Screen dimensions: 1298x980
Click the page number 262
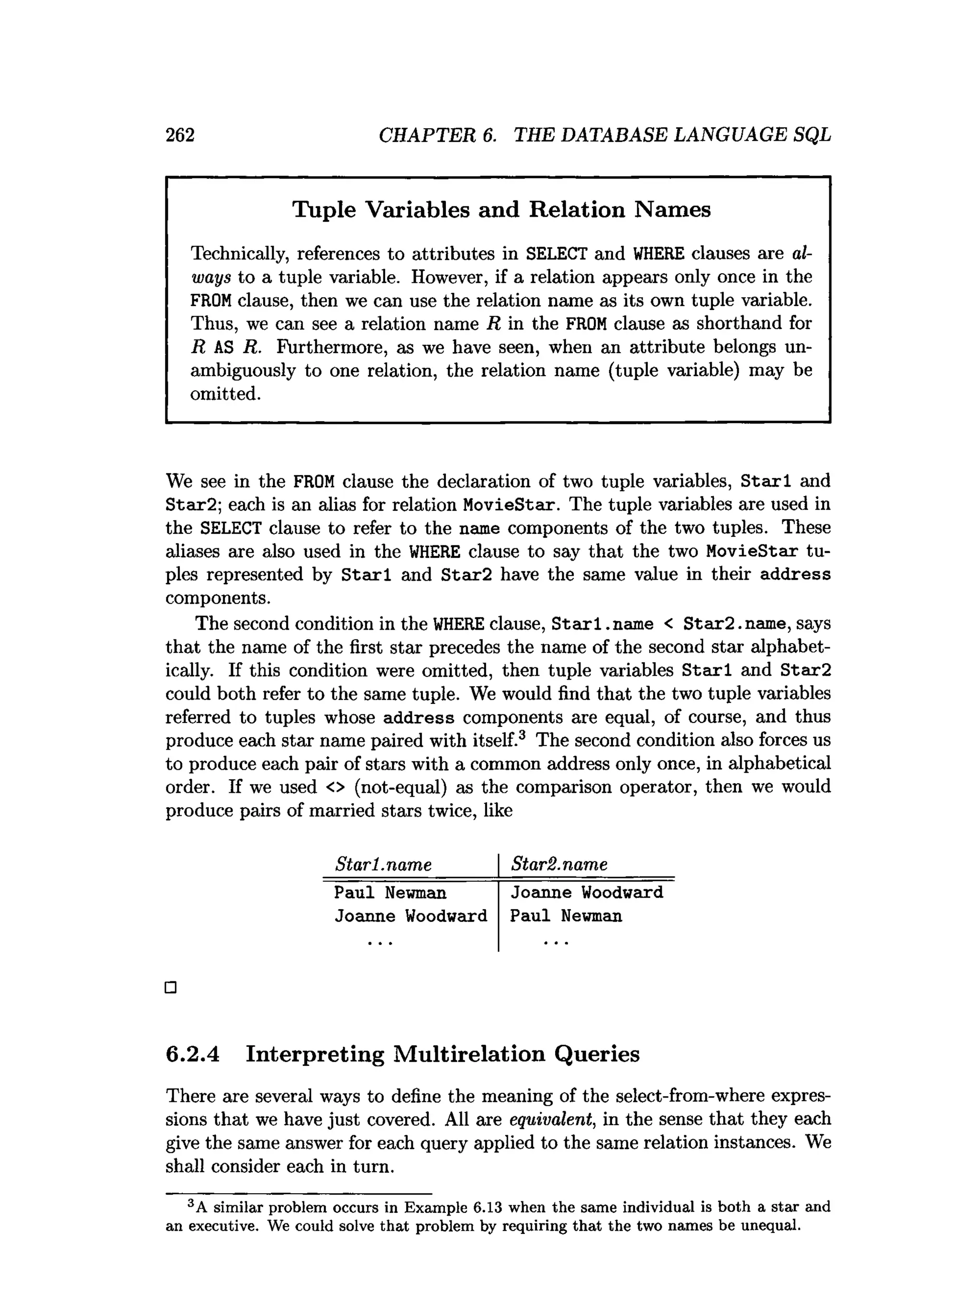tap(179, 135)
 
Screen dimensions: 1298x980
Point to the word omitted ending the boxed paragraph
tap(225, 394)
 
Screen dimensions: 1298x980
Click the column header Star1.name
tap(383, 865)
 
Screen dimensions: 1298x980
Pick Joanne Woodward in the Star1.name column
tap(411, 916)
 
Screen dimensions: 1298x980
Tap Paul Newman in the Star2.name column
tap(566, 916)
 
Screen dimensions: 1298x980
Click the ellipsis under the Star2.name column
tap(557, 943)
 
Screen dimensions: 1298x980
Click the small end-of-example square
tap(171, 987)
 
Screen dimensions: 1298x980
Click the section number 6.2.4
tap(192, 1054)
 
